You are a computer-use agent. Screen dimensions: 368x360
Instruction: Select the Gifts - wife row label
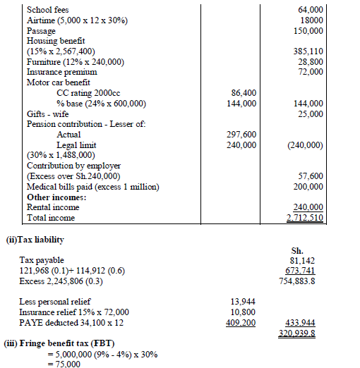(48, 114)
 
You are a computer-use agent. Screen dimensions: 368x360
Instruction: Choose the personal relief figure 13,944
(243, 302)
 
